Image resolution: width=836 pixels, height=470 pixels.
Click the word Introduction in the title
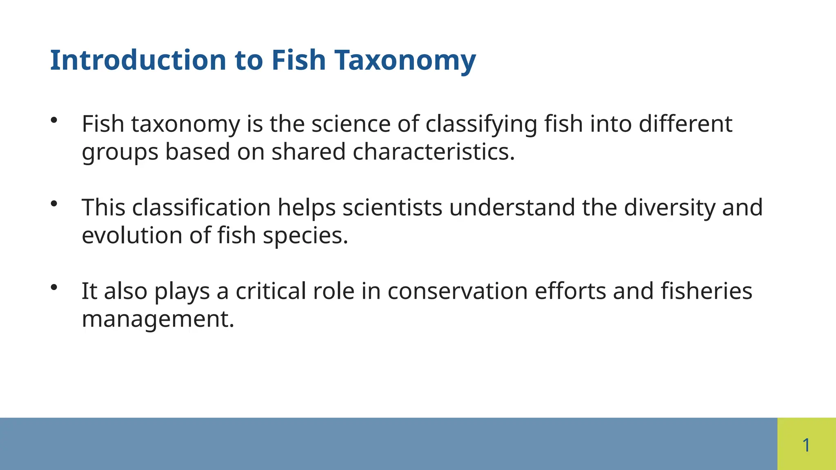click(x=138, y=60)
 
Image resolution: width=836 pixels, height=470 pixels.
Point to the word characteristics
click(x=434, y=152)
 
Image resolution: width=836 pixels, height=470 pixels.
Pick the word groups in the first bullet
click(x=120, y=152)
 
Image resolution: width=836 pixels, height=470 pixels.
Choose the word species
click(x=305, y=235)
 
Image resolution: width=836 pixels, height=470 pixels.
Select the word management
click(x=158, y=319)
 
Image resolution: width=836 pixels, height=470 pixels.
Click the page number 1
click(x=806, y=445)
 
